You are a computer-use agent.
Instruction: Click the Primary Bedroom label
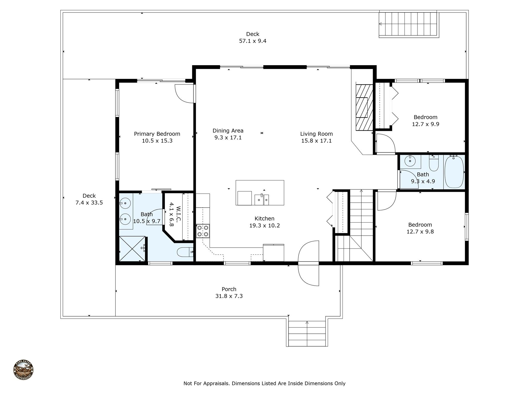[157, 134]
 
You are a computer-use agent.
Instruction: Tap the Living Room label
[316, 134]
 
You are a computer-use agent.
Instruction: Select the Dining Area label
[228, 131]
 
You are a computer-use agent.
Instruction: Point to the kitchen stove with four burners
[203, 231]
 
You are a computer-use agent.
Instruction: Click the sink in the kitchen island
[262, 200]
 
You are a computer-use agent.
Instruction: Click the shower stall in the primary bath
[132, 249]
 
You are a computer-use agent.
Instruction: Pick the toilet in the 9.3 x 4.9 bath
[434, 163]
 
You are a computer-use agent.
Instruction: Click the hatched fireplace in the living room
[364, 107]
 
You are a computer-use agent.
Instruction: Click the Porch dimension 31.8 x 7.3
[229, 296]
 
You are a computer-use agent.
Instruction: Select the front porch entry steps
[307, 333]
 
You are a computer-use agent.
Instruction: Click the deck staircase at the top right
[409, 24]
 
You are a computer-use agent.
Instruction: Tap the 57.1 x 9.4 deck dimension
[253, 41]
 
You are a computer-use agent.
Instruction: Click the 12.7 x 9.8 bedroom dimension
[420, 232]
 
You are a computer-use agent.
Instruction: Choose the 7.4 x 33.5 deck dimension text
[89, 203]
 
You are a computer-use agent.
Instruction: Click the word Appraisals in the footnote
[216, 383]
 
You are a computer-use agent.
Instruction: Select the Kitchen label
[264, 218]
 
